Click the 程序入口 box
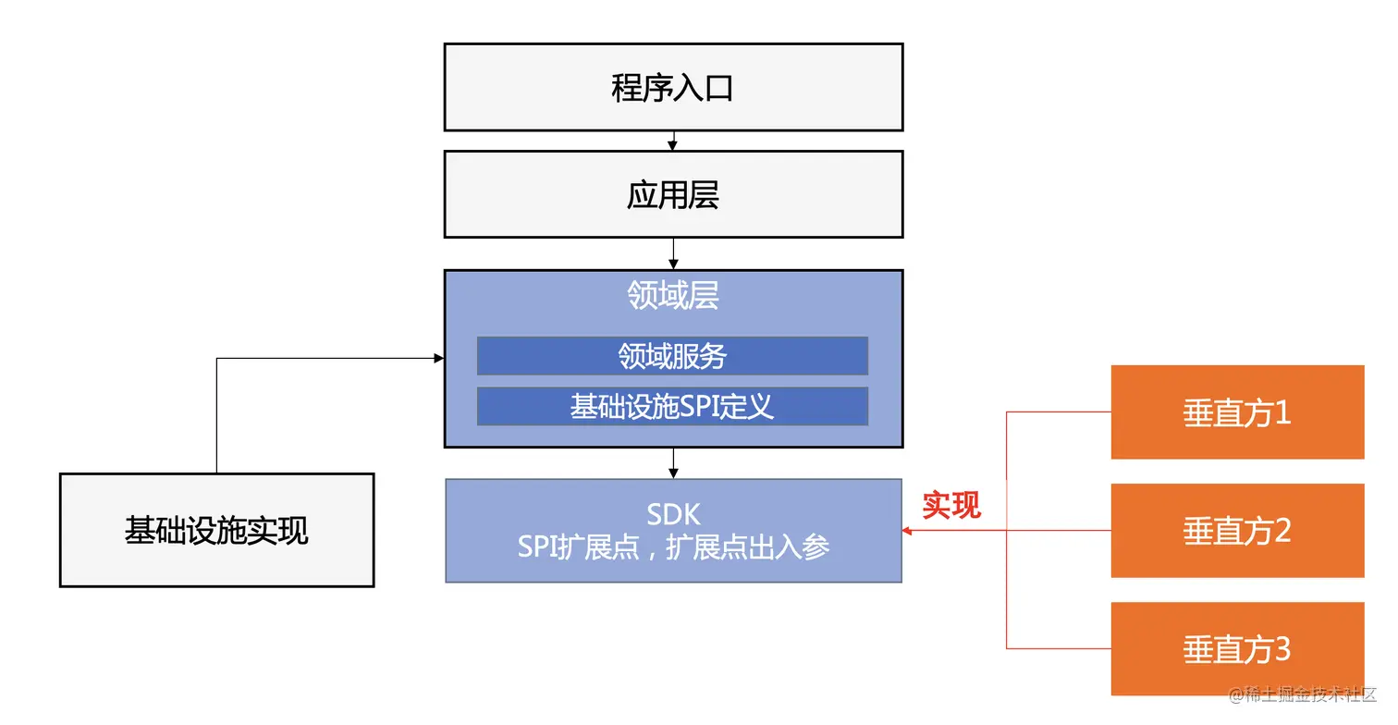pyautogui.click(x=673, y=88)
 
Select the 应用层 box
pyautogui.click(x=673, y=195)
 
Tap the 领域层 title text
pyautogui.click(x=673, y=295)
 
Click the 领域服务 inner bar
pyautogui.click(x=672, y=356)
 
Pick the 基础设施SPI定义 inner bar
pyautogui.click(x=672, y=407)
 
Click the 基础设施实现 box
pyautogui.click(x=216, y=531)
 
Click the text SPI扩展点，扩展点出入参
pyautogui.click(x=673, y=547)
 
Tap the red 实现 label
pyautogui.click(x=951, y=505)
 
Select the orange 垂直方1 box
pyautogui.click(x=1237, y=412)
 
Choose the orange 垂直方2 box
pyautogui.click(x=1237, y=531)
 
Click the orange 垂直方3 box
pyautogui.click(x=1237, y=649)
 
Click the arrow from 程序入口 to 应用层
pyautogui.click(x=673, y=141)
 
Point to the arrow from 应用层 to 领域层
pyautogui.click(x=673, y=253)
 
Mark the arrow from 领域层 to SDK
pyautogui.click(x=673, y=463)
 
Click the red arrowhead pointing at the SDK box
pyautogui.click(x=908, y=531)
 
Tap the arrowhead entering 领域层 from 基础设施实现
pyautogui.click(x=438, y=358)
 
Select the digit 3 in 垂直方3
pyautogui.click(x=1281, y=649)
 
